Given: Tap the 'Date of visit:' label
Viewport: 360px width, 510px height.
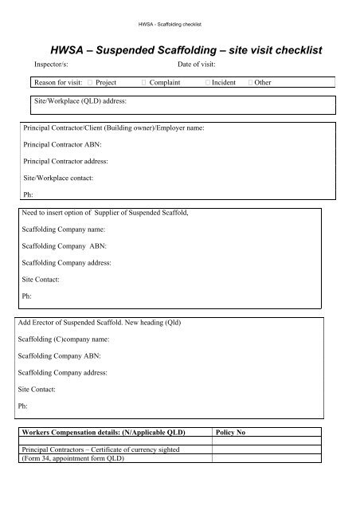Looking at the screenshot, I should tap(200, 65).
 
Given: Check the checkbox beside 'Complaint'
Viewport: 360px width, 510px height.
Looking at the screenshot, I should tap(141, 82).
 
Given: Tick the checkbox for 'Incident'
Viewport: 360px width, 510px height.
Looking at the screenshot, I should tap(207, 82).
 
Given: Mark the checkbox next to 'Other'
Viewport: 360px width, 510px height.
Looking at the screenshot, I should tap(252, 82).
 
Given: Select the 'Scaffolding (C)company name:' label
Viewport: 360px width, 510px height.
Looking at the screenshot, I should tap(63, 339).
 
